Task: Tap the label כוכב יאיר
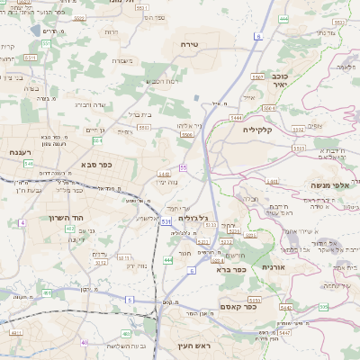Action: (279, 82)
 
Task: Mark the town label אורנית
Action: (274, 267)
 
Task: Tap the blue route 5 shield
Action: (129, 299)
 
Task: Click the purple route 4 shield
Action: (21, 221)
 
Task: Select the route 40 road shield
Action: (85, 342)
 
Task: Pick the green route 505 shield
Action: (322, 307)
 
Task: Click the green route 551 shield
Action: (31, 57)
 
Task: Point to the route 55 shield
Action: (183, 167)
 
